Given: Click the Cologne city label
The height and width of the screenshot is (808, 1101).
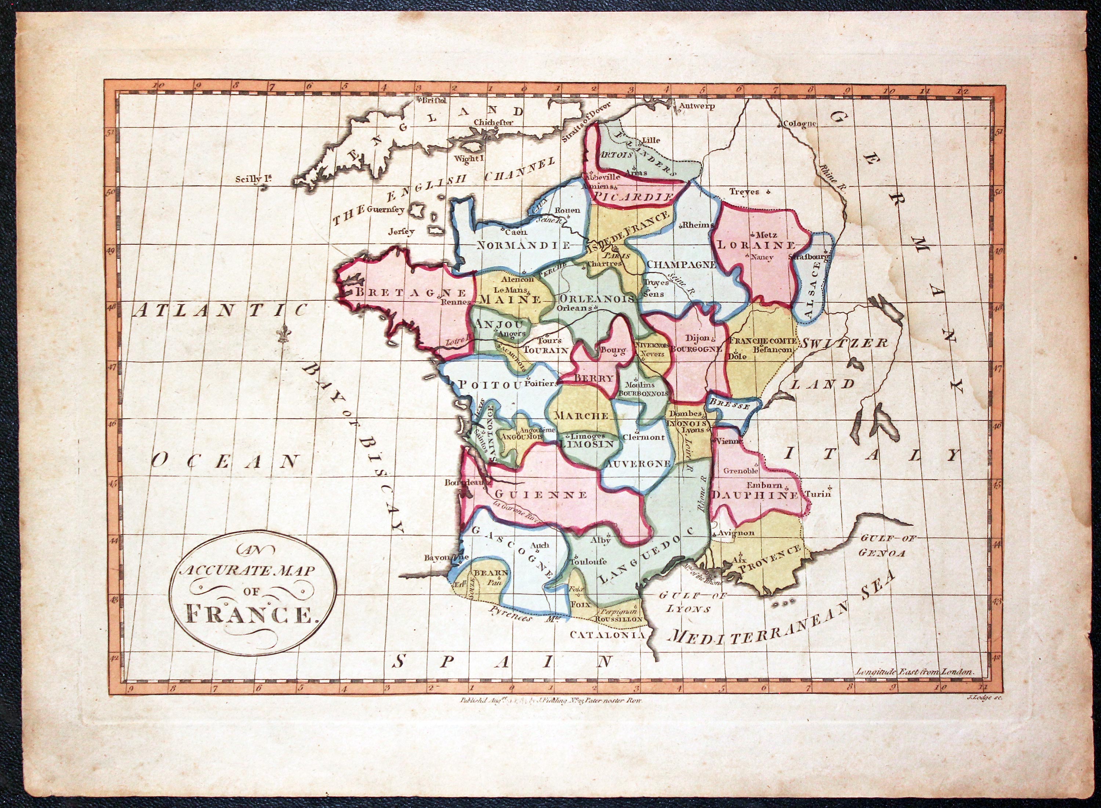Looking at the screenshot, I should pyautogui.click(x=799, y=123).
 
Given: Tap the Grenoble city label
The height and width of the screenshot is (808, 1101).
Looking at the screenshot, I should pyautogui.click(x=740, y=470).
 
